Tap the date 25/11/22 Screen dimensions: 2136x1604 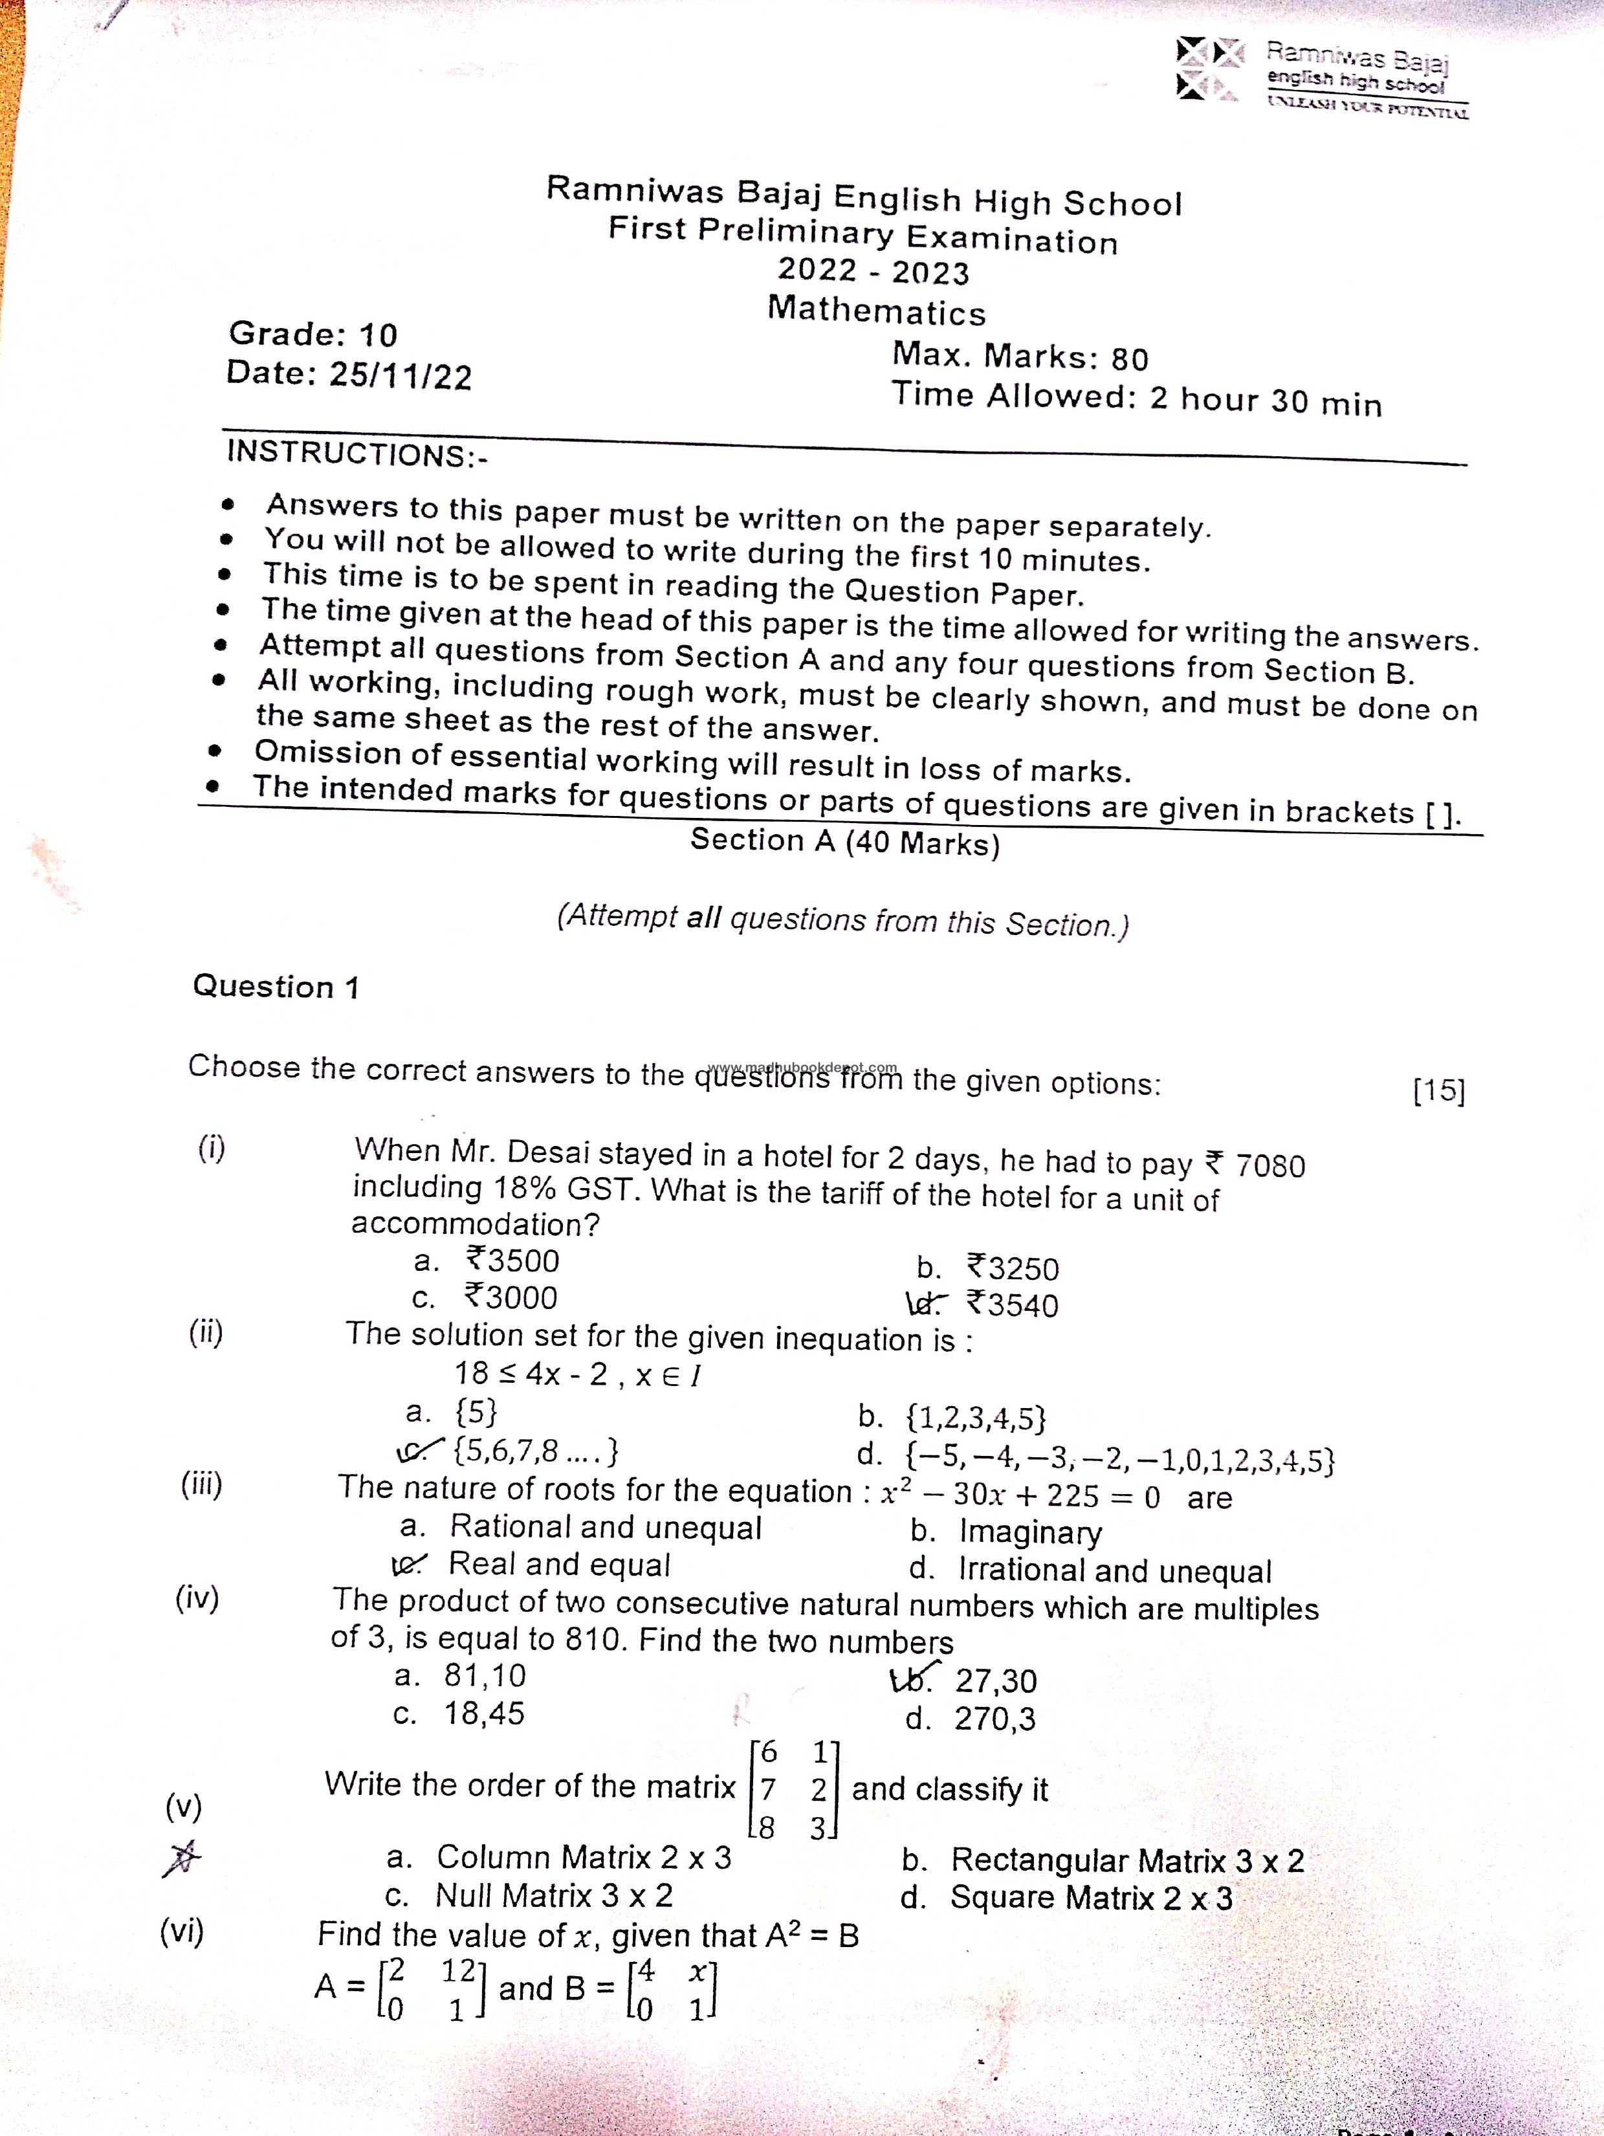pyautogui.click(x=400, y=375)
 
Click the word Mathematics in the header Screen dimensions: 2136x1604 pyautogui.click(x=876, y=312)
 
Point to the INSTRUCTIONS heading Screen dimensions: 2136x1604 pyautogui.click(x=357, y=453)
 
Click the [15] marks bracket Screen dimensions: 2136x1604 pyautogui.click(x=1438, y=1090)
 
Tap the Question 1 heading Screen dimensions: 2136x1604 pyautogui.click(x=275, y=987)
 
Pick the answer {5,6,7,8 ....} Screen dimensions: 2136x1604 pyautogui.click(x=535, y=1450)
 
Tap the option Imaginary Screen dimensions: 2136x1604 pyautogui.click(x=1029, y=1532)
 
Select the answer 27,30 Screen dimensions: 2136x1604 pyautogui.click(x=994, y=1681)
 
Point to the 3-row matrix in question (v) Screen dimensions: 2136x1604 pyautogui.click(x=794, y=1789)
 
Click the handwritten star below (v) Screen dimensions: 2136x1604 pyautogui.click(x=182, y=1857)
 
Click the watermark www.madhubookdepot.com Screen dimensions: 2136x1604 pyautogui.click(x=802, y=1068)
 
